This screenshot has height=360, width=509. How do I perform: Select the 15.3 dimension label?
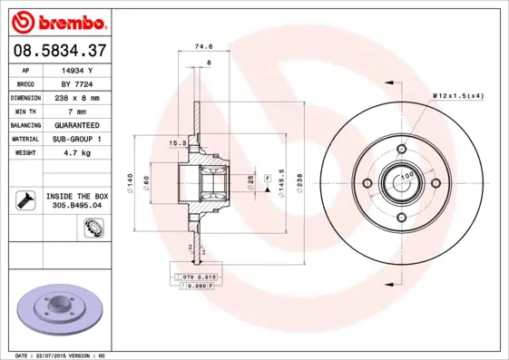click(178, 142)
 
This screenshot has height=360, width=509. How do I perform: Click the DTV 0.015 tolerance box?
click(196, 276)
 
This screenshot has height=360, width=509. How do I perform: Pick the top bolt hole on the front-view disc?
click(400, 151)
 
